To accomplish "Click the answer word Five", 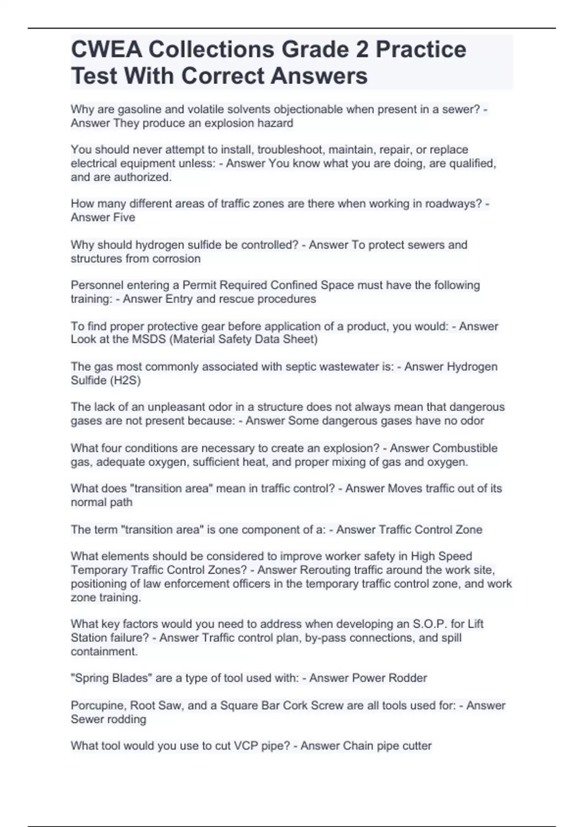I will pos(124,217).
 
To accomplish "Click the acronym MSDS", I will pos(149,339).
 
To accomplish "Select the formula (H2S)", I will pos(126,380).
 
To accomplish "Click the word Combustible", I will pos(465,448).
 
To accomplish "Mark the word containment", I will pos(104,651).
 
